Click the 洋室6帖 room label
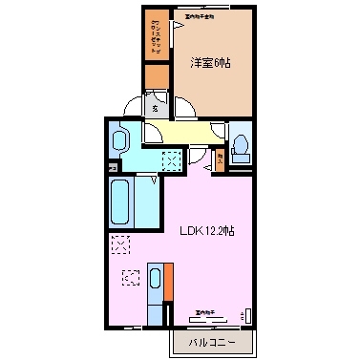coord(211,62)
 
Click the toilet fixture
coord(241,144)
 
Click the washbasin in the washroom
coord(118,141)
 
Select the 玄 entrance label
coord(156,108)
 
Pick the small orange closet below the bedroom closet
coord(156,76)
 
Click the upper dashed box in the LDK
coord(120,244)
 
